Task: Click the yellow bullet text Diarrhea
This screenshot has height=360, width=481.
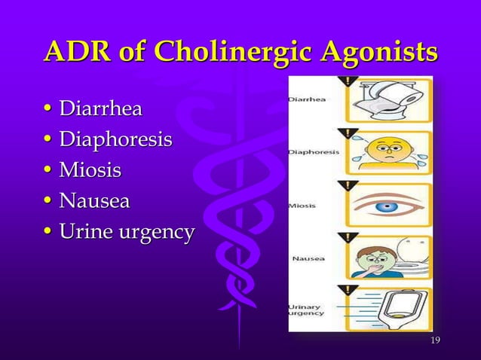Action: [100, 111]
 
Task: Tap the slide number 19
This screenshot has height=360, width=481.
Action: [434, 343]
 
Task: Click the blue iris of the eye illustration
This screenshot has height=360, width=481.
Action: [385, 206]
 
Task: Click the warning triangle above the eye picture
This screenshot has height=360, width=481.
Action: [349, 185]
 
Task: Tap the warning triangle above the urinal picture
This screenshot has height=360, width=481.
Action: [349, 289]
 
